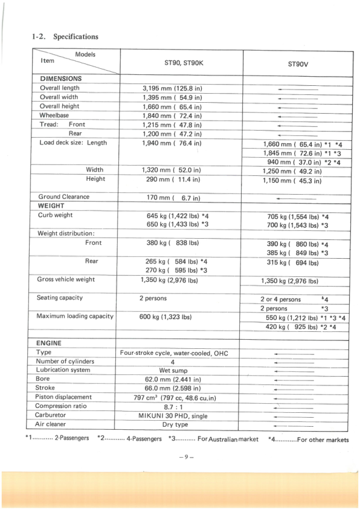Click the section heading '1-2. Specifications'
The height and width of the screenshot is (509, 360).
tap(65, 36)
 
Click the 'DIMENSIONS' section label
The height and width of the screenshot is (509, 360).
tap(61, 79)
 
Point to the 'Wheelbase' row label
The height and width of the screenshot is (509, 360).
tap(54, 115)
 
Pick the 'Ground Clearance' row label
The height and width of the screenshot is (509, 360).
tap(63, 196)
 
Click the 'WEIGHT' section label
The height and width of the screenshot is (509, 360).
tap(51, 206)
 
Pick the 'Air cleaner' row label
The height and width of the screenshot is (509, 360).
tap(54, 424)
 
